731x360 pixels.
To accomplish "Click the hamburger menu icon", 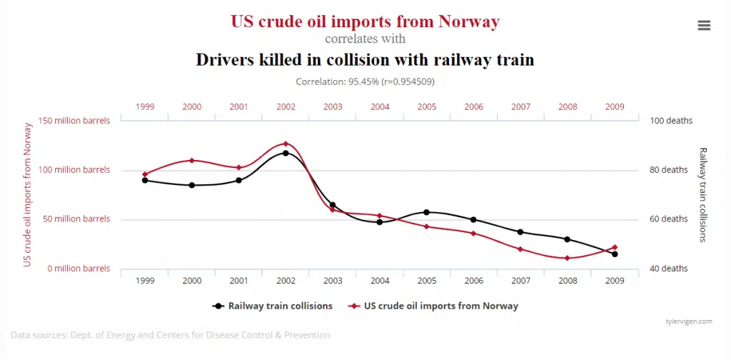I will pos(704,25).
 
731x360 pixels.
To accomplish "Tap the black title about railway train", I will pos(365,59).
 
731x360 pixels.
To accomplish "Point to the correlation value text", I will pos(365,81).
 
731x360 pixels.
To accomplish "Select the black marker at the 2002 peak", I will pos(286,153).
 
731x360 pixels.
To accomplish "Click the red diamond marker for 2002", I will pos(286,144).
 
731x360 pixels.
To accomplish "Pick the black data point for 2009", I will pos(615,254).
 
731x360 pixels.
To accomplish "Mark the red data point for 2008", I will pos(568,258).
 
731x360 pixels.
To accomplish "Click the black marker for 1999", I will pos(145,180).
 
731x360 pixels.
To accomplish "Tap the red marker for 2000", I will pos(192,160).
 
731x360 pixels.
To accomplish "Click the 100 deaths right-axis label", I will pos(671,121).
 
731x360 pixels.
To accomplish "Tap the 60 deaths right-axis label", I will pos(669,219).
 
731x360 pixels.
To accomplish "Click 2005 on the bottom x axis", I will pos(427,281).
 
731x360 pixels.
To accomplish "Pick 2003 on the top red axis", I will pos(333,106).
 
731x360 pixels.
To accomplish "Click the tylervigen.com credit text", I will pos(688,321).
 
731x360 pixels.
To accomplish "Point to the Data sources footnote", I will pos(170,334).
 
